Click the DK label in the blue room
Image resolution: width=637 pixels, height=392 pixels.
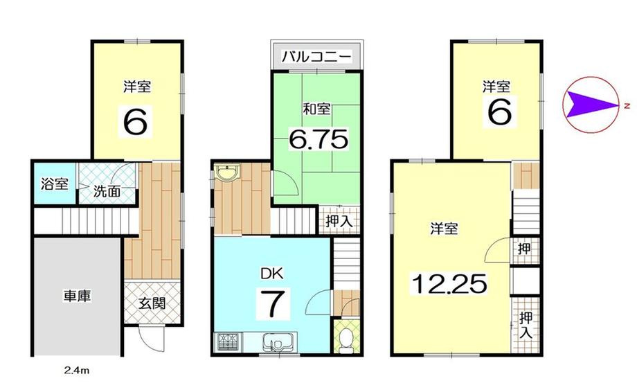click(x=270, y=273)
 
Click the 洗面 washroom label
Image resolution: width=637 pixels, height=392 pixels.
click(x=105, y=192)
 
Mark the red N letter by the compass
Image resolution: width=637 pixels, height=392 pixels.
click(x=625, y=106)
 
